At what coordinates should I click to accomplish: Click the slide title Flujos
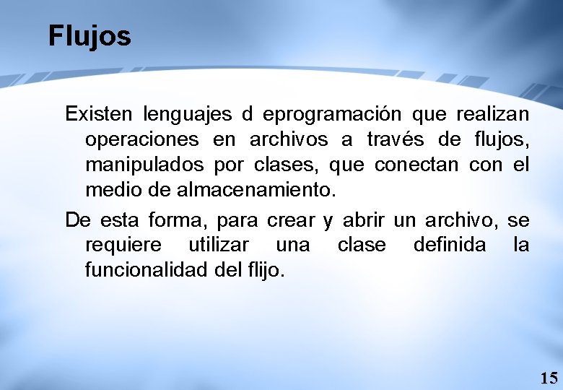point(90,35)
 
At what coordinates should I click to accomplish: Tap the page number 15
point(549,377)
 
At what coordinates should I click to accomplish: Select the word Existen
point(98,114)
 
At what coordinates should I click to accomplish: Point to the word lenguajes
point(188,114)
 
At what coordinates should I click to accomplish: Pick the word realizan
point(492,114)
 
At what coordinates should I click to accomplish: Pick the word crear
point(290,220)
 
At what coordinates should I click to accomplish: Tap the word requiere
point(123,245)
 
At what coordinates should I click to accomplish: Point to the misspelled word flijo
point(269,270)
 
